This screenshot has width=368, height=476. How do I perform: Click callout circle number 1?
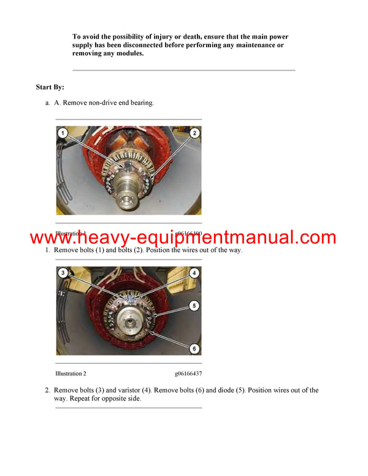tap(63, 132)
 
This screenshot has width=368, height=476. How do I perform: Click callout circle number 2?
tap(194, 132)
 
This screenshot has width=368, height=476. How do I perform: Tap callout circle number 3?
tap(63, 272)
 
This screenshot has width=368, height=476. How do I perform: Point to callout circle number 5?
tap(194, 305)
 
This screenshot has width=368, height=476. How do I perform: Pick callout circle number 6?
tap(194, 348)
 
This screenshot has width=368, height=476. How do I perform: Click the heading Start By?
tap(50, 87)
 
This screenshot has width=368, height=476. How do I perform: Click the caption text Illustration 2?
tap(71, 373)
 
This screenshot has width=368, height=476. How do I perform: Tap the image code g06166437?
tap(188, 373)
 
